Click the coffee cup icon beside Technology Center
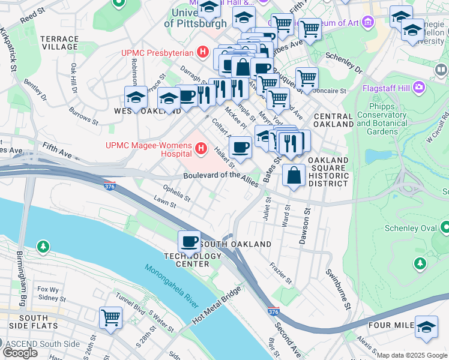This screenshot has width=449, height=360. pos(190,242)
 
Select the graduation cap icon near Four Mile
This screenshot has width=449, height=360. pos(427,327)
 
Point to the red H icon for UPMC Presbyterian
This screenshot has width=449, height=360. pos(203,52)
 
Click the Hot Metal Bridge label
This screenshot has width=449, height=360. pos(217,306)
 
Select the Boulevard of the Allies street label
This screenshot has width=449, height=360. pos(220,175)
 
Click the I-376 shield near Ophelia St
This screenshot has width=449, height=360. pos(109,186)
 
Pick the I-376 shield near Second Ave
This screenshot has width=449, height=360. pos(273,312)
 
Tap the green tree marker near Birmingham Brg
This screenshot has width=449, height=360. pos(43,246)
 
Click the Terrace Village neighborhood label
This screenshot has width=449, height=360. pos(59,43)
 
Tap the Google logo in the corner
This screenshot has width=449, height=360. pos(20,353)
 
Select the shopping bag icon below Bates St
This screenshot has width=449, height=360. pos(294,176)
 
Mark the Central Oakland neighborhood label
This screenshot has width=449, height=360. pos(333,120)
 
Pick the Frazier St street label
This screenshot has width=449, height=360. pos(281,272)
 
